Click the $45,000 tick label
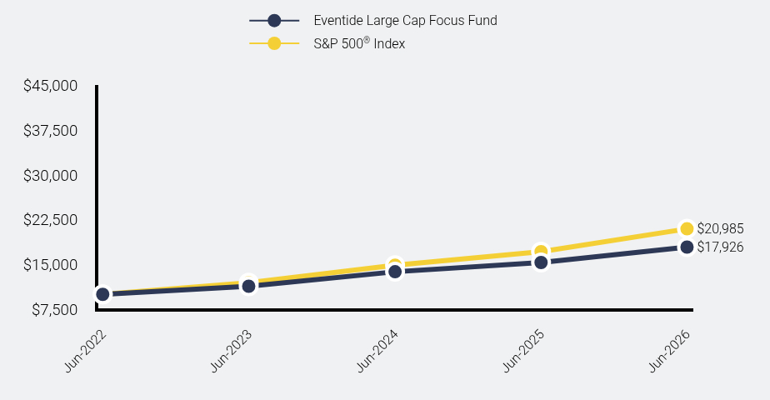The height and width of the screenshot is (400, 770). point(50,86)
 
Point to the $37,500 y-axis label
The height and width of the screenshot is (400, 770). point(50,131)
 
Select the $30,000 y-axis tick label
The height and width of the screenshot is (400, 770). point(50,175)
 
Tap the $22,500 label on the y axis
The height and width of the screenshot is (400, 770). point(50,220)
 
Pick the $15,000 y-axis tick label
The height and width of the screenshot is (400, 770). point(50,265)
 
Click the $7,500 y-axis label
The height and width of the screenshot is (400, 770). point(54,310)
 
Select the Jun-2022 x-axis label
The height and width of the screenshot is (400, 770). point(86,351)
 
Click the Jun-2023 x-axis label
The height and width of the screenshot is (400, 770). point(232,351)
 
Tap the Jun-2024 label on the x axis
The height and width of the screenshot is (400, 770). point(377,351)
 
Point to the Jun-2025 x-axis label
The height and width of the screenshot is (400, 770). point(523,351)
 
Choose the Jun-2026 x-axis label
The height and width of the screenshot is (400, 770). point(670,351)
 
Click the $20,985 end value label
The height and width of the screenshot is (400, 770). point(720,228)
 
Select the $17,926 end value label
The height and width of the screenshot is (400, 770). point(720,247)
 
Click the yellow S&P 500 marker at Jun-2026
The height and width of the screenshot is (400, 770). point(687,228)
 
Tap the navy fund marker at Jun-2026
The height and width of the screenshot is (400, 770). point(687,247)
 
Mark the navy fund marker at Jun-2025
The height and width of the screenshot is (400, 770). point(541,262)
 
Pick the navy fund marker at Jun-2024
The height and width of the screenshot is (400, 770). point(395,272)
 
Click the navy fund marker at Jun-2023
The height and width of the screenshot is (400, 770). point(249,286)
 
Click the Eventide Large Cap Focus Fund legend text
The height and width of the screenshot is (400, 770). point(406,21)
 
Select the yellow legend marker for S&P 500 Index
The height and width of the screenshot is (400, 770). point(274,43)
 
